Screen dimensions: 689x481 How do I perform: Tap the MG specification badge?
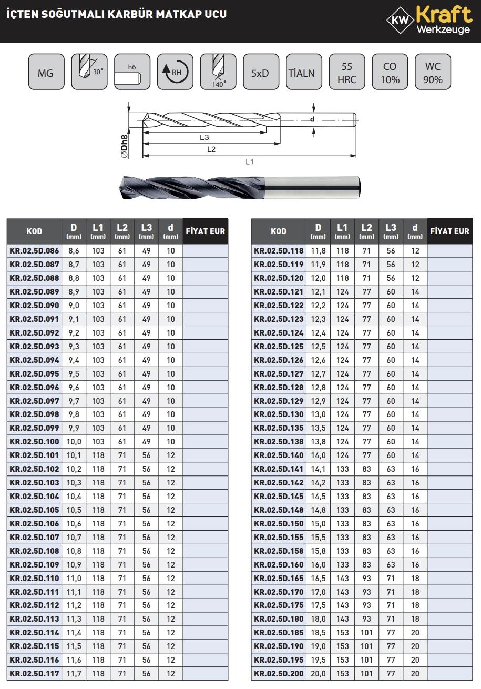tap(46, 72)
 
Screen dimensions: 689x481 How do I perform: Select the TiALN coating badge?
tap(302, 72)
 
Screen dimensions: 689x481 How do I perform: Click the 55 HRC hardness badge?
tap(347, 72)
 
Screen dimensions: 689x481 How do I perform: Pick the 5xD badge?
tap(260, 72)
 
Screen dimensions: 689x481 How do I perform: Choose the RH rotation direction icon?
tap(175, 72)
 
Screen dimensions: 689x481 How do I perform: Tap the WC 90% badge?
tap(433, 72)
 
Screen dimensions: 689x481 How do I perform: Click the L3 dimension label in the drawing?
tap(204, 137)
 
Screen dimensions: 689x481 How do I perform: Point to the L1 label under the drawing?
tap(250, 161)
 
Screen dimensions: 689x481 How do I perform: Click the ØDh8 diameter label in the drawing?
tap(125, 147)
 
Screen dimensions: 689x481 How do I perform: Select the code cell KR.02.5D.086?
tap(34, 251)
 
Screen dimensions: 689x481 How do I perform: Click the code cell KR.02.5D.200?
tap(279, 674)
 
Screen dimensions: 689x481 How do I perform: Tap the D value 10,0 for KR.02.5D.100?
tap(74, 442)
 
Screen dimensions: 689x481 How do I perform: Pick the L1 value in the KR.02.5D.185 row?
tap(342, 633)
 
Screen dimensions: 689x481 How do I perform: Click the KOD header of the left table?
tap(34, 231)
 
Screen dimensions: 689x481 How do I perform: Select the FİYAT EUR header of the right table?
tap(449, 231)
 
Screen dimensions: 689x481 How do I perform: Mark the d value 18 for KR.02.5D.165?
tap(415, 578)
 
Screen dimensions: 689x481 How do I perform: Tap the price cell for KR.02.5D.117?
tap(206, 674)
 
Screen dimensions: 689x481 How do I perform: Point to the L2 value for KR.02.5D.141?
tap(366, 469)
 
